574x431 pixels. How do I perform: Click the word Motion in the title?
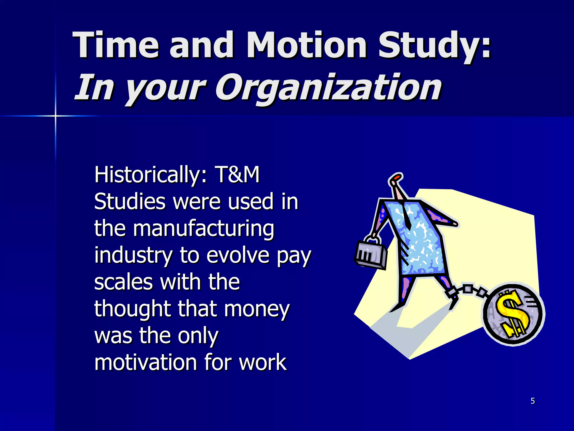(306, 45)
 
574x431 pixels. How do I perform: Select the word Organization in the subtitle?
(328, 88)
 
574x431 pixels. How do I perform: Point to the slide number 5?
(533, 401)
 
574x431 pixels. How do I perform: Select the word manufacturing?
(203, 229)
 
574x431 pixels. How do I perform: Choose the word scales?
(123, 282)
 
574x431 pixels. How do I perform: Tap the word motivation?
(145, 362)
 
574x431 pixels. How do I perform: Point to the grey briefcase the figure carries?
(371, 254)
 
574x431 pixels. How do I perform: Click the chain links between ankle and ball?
(474, 290)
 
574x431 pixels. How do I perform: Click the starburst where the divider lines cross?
(55, 116)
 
